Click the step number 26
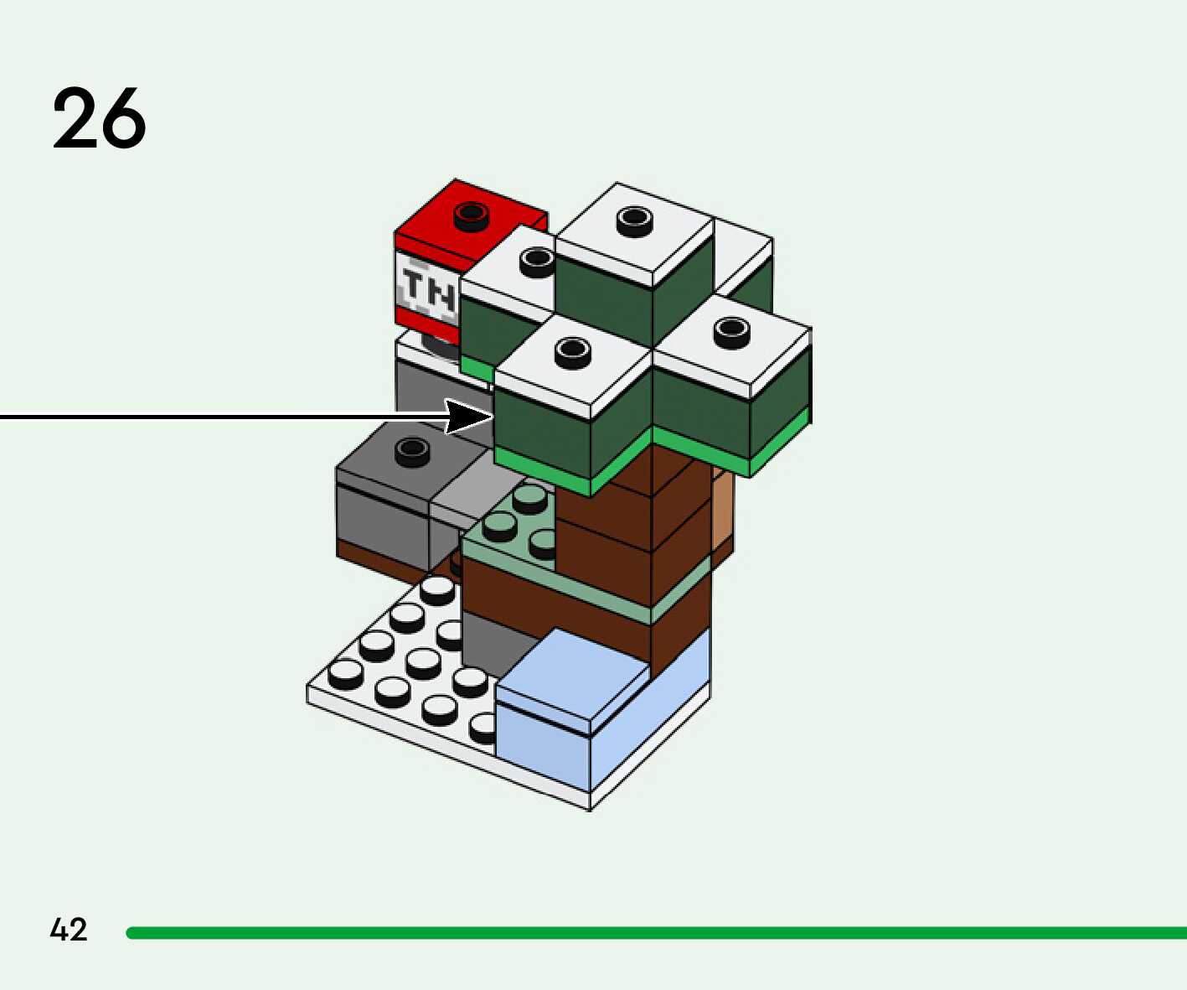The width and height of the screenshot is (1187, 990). click(x=99, y=118)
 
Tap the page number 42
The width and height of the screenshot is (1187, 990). click(x=68, y=930)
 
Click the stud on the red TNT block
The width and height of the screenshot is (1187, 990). click(x=471, y=215)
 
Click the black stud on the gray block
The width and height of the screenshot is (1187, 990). click(x=411, y=451)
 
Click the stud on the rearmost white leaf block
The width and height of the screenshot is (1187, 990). click(x=634, y=220)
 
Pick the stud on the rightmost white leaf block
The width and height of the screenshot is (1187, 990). click(x=730, y=331)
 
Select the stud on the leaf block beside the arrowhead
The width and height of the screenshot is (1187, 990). click(x=572, y=352)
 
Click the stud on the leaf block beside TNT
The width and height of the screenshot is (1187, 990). click(x=536, y=261)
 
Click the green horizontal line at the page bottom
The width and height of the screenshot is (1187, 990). click(x=653, y=933)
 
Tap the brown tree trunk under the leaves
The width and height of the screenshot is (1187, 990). click(x=603, y=520)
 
